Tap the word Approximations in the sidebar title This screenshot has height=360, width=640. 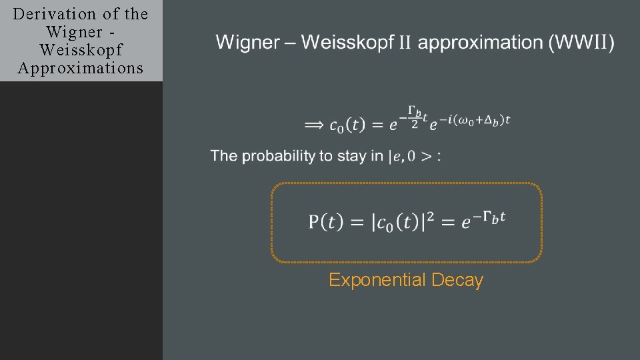coord(81,68)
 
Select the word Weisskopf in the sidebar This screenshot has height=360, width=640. coord(81,50)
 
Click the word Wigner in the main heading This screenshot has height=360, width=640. coord(247,43)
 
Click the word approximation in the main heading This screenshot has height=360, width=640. coord(481,43)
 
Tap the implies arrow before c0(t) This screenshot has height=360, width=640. coord(315,125)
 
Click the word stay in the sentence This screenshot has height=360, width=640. coord(351,156)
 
